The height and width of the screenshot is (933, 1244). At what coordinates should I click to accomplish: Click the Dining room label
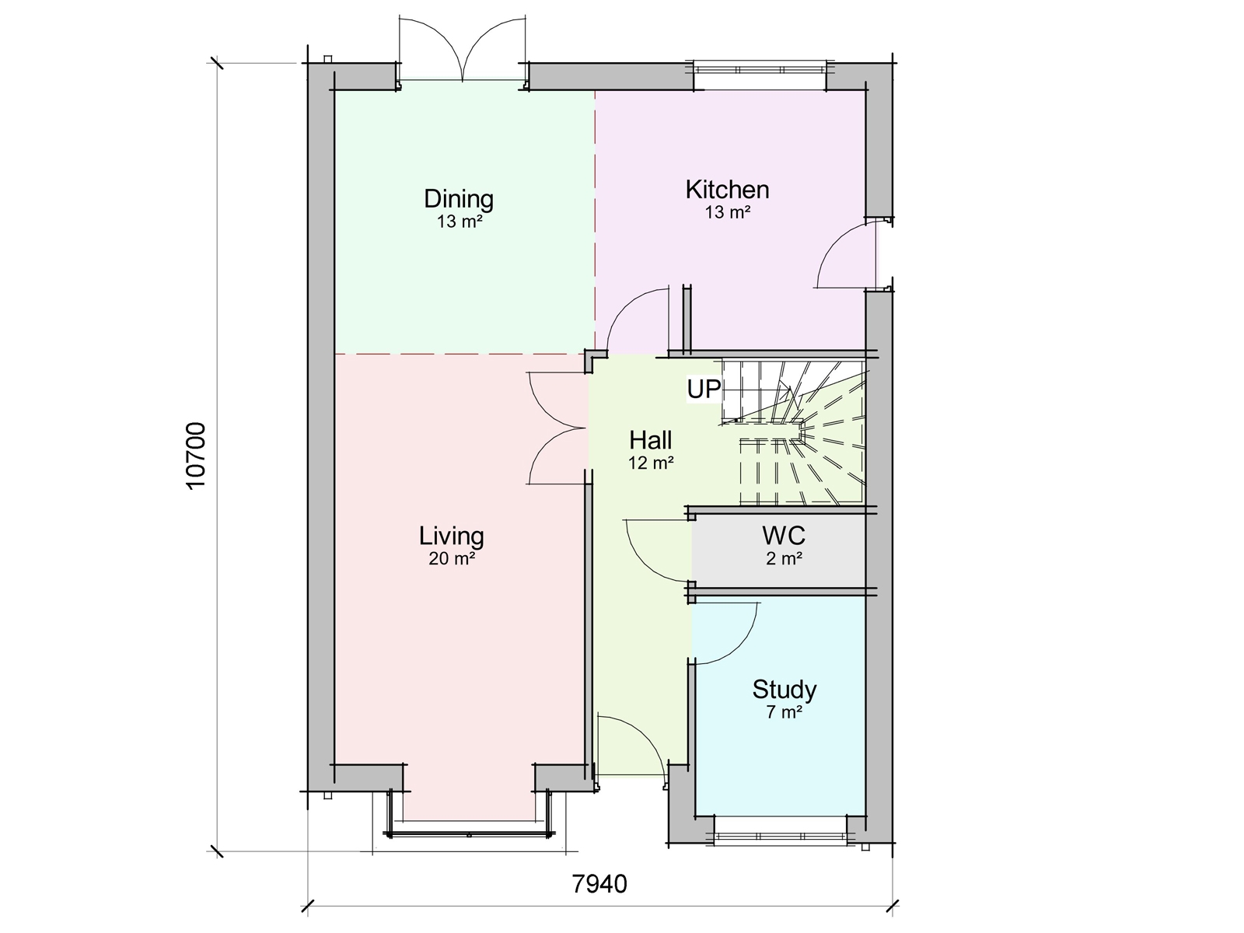pos(459,199)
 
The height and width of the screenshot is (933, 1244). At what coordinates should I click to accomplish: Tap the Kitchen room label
pos(727,190)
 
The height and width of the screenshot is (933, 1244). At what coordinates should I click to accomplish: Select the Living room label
pos(452,536)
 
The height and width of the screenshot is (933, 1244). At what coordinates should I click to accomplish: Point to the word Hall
pos(650,441)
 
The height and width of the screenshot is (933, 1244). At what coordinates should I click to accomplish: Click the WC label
pos(784,536)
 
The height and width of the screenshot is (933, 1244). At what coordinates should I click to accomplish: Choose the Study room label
pos(784,690)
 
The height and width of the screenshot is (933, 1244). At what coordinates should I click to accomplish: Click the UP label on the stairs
pos(704,390)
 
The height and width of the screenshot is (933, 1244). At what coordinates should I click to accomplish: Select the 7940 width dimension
pos(599,885)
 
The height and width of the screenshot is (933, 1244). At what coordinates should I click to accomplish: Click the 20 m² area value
pos(452,558)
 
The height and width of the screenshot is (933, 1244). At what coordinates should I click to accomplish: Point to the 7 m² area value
pos(784,712)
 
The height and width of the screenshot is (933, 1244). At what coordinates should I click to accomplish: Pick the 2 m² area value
pos(784,557)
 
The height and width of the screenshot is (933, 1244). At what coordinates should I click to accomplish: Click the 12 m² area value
pos(650,463)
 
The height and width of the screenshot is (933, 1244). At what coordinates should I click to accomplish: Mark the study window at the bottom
pos(780,837)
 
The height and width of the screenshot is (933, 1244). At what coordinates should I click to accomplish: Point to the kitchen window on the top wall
pos(760,68)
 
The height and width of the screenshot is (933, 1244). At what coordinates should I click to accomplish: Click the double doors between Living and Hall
pos(558,428)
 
